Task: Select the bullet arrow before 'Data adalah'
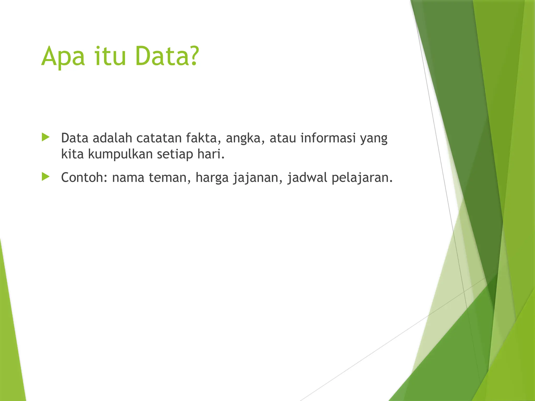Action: click(45, 137)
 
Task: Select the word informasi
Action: click(328, 138)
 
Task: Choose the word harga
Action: click(212, 178)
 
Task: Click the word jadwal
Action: click(307, 178)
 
